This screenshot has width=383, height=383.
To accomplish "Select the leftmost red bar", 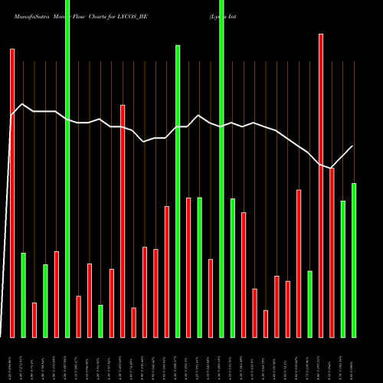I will pyautogui.click(x=12, y=191).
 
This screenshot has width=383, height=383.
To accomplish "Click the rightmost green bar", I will pyautogui.click(x=354, y=260).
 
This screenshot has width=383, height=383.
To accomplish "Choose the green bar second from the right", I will pyautogui.click(x=342, y=268).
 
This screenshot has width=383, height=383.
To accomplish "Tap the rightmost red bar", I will pyautogui.click(x=332, y=253).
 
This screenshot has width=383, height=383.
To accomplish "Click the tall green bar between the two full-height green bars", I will pyautogui.click(x=178, y=191).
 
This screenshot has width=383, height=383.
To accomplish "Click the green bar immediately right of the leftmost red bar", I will pyautogui.click(x=23, y=295).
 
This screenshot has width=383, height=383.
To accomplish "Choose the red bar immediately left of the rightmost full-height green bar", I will pyautogui.click(x=211, y=298).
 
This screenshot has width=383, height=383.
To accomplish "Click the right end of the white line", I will pyautogui.click(x=353, y=146).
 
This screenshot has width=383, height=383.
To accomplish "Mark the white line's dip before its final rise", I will pyautogui.click(x=332, y=168).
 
